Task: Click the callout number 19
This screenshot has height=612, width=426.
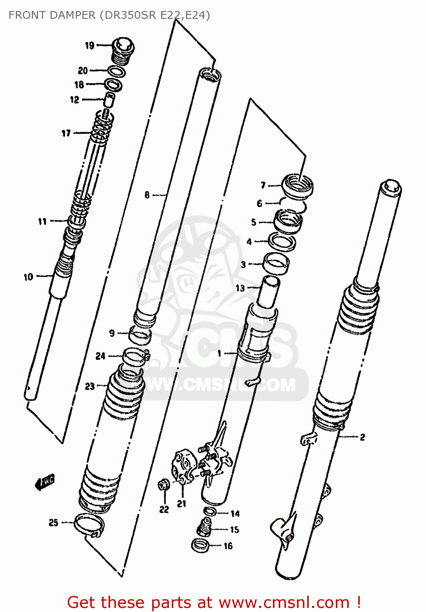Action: point(90,45)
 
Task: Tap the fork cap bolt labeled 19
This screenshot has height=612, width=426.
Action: point(122,51)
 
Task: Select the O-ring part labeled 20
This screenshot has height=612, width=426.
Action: point(117,71)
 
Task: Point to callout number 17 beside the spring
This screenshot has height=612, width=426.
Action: point(66,133)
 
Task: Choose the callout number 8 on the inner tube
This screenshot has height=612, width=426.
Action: point(147,195)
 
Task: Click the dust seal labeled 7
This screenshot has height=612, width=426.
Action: point(298,186)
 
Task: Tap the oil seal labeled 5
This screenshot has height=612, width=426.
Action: point(288,222)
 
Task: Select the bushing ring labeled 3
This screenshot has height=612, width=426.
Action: point(275,264)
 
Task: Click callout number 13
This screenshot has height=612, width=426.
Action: point(240,288)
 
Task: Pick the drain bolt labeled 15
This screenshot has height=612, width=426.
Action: point(204,527)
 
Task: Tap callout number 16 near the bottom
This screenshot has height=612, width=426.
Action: point(228,546)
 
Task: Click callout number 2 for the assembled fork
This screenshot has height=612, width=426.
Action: point(362,437)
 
